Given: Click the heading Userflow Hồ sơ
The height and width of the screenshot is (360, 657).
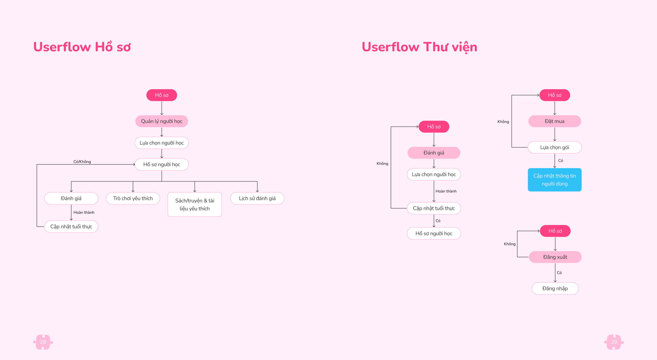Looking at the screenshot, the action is pyautogui.click(x=82, y=47).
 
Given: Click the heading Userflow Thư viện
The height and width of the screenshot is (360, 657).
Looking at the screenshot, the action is pyautogui.click(x=419, y=47).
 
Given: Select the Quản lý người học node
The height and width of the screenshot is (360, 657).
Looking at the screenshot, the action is pyautogui.click(x=162, y=121).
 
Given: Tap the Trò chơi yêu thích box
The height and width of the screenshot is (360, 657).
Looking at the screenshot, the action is pyautogui.click(x=133, y=198).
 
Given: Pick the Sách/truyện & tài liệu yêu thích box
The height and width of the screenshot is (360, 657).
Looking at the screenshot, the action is pyautogui.click(x=195, y=204).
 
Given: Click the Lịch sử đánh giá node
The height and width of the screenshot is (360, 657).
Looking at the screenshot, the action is pyautogui.click(x=257, y=198).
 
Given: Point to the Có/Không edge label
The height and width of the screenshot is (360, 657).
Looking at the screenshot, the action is pyautogui.click(x=82, y=162).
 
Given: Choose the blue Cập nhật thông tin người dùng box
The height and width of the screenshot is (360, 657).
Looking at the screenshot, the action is pyautogui.click(x=555, y=180).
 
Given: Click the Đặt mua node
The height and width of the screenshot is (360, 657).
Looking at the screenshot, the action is pyautogui.click(x=555, y=121).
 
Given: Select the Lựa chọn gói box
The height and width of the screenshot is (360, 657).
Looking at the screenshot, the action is pyautogui.click(x=555, y=147).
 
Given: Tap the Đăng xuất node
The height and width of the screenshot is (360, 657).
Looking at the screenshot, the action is pyautogui.click(x=555, y=257).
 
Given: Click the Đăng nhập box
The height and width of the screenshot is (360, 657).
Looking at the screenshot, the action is pyautogui.click(x=555, y=288).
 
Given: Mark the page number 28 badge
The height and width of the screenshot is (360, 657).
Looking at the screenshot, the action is pyautogui.click(x=43, y=342).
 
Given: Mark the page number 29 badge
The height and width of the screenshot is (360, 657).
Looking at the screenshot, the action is pyautogui.click(x=614, y=342).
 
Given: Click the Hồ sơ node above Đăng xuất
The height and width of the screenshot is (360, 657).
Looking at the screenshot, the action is pyautogui.click(x=555, y=231).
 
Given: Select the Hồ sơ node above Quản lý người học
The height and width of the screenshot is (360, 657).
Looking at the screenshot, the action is pyautogui.click(x=162, y=95).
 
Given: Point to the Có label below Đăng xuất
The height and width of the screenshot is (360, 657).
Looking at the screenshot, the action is pyautogui.click(x=559, y=273).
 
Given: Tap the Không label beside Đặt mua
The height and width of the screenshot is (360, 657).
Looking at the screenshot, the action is pyautogui.click(x=503, y=122).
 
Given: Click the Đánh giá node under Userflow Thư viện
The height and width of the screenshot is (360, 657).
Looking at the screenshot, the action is pyautogui.click(x=434, y=153).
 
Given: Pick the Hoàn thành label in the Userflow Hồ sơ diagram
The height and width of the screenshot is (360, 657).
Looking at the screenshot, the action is pyautogui.click(x=84, y=212).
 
